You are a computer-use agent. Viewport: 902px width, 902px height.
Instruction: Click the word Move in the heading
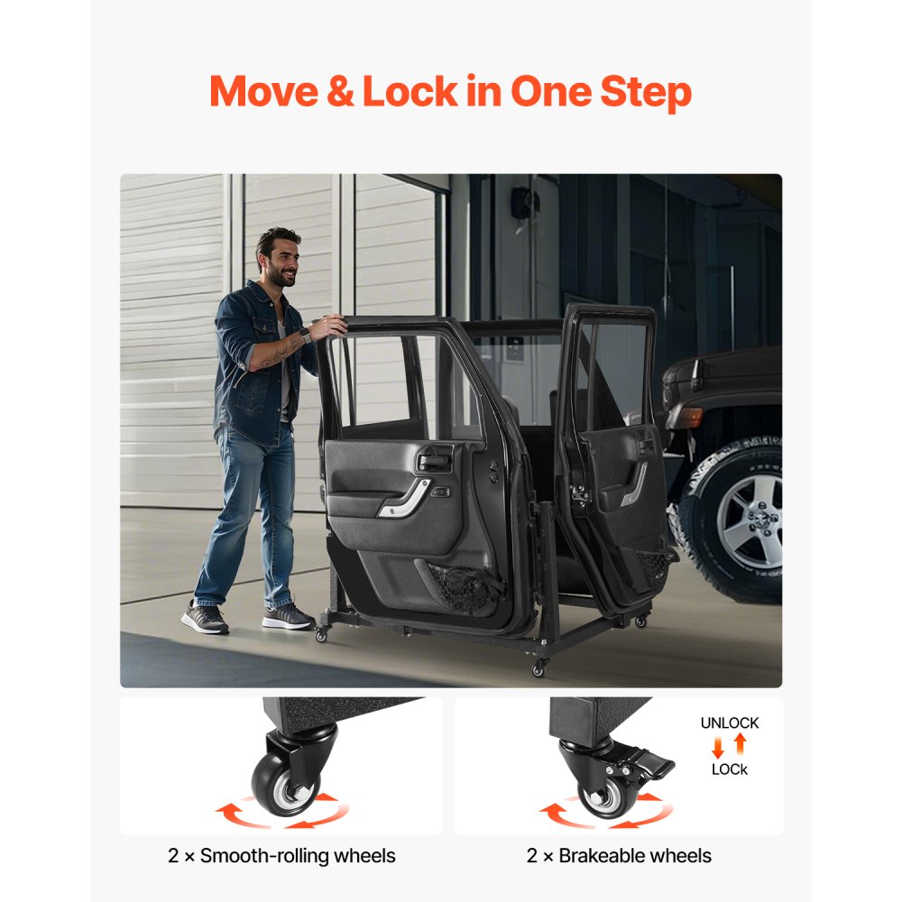coord(266,92)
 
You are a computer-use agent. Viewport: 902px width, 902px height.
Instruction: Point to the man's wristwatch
coord(304,336)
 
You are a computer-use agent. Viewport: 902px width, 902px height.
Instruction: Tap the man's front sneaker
coord(288,617)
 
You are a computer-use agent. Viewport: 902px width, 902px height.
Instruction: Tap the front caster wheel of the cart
coord(540,668)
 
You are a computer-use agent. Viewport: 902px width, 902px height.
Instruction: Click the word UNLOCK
coord(729,723)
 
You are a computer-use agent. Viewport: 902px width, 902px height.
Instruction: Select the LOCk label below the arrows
coord(729,769)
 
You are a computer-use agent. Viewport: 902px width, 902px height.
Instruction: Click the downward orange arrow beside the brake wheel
coord(718,746)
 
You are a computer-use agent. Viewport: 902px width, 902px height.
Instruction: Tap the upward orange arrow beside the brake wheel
coord(740,744)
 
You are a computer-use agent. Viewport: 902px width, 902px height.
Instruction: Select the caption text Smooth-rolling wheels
coord(298,855)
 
